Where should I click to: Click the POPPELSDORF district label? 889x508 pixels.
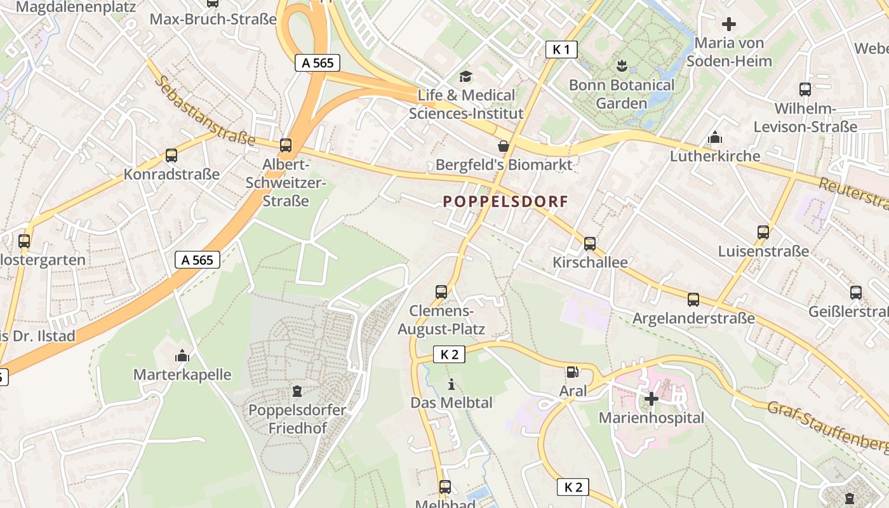505,201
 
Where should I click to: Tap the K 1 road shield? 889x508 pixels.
561,50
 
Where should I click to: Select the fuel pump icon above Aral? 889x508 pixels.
572,372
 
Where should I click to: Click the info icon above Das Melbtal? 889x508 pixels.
451,384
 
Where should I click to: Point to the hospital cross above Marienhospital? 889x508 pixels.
652,399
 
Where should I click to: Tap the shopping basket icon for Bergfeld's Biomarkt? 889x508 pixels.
504,146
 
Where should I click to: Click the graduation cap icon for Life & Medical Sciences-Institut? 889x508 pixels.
466,76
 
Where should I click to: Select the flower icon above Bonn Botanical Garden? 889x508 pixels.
621,65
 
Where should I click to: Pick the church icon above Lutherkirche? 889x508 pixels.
715,137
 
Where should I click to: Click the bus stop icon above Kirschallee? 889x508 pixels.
590,244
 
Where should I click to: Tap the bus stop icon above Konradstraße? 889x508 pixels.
171,156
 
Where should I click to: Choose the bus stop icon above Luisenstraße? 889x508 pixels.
763,232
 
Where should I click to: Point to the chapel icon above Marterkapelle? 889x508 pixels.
182,356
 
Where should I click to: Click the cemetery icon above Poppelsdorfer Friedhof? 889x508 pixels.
297,391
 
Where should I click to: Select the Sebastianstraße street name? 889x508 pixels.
204,111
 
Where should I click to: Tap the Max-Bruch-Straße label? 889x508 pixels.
213,19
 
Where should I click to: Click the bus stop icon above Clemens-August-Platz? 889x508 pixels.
441,292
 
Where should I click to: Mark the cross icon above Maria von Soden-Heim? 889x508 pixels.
729,24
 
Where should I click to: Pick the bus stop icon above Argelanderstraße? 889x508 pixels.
693,299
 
